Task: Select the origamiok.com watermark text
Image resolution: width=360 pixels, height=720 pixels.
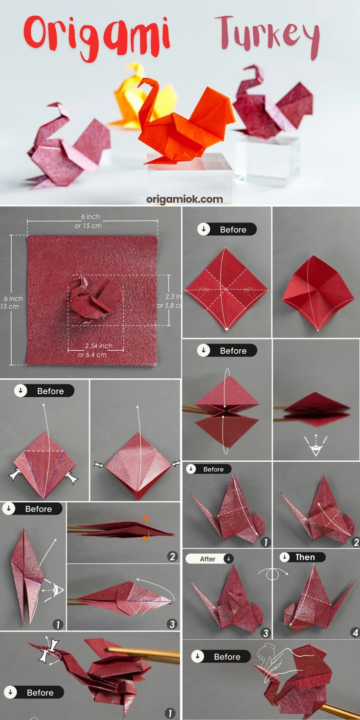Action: pyautogui.click(x=184, y=199)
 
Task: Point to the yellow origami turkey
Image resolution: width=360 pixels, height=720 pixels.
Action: pyautogui.click(x=137, y=98)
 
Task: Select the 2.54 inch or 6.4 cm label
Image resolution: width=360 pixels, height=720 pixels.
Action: pyautogui.click(x=96, y=350)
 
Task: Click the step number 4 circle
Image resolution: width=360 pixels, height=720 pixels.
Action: pyautogui.click(x=355, y=633)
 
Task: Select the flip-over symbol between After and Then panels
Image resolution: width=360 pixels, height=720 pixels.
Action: pyautogui.click(x=271, y=573)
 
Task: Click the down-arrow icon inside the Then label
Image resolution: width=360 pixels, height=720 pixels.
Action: pyautogui.click(x=285, y=557)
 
